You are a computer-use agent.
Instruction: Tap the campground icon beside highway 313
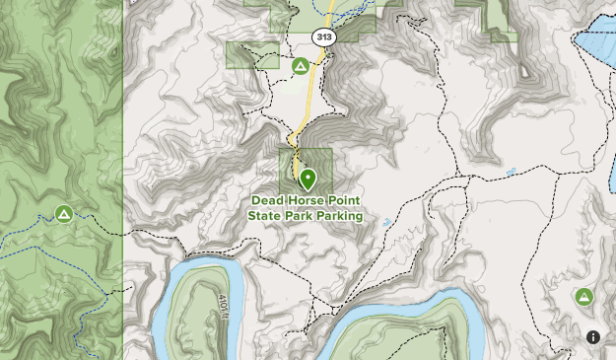[300, 66]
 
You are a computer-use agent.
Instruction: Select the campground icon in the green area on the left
[64, 213]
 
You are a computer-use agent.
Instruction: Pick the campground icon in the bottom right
[583, 296]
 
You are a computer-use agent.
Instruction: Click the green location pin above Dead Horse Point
[308, 180]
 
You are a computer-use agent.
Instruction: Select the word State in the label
[265, 216]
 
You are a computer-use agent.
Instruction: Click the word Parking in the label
[339, 216]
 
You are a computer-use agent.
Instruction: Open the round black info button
[593, 337]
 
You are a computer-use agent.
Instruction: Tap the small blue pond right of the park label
[387, 221]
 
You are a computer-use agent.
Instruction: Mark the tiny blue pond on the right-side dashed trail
[510, 172]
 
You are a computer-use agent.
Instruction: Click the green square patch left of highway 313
[252, 54]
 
